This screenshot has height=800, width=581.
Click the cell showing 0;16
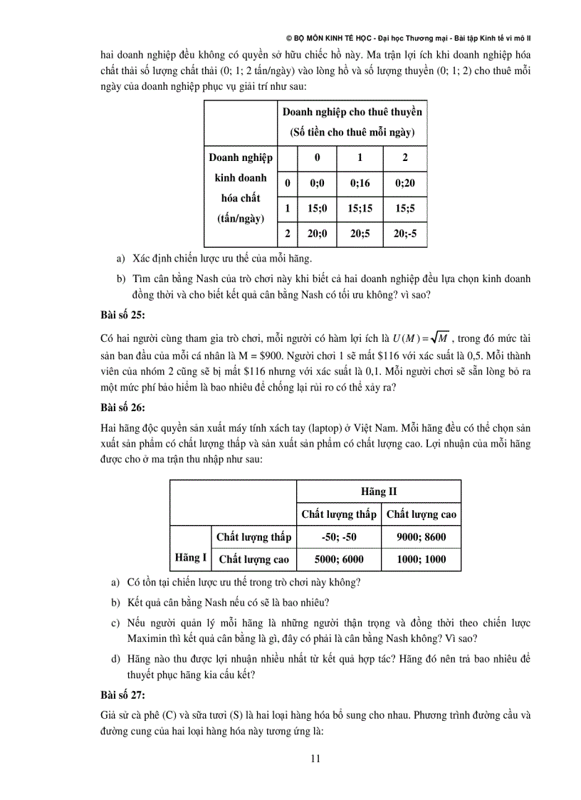point(360,183)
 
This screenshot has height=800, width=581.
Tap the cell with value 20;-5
point(404,233)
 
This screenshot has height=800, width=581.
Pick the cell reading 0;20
point(404,183)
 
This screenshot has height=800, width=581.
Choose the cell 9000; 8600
point(421,537)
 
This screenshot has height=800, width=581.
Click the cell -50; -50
point(338,537)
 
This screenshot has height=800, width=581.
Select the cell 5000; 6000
point(338,559)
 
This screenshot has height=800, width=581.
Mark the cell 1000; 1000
point(421,559)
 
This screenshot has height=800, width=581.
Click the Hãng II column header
point(379,492)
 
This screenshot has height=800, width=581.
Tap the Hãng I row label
point(190,558)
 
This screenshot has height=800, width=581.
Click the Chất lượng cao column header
point(421,514)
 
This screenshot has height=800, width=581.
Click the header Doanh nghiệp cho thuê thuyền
point(352,112)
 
